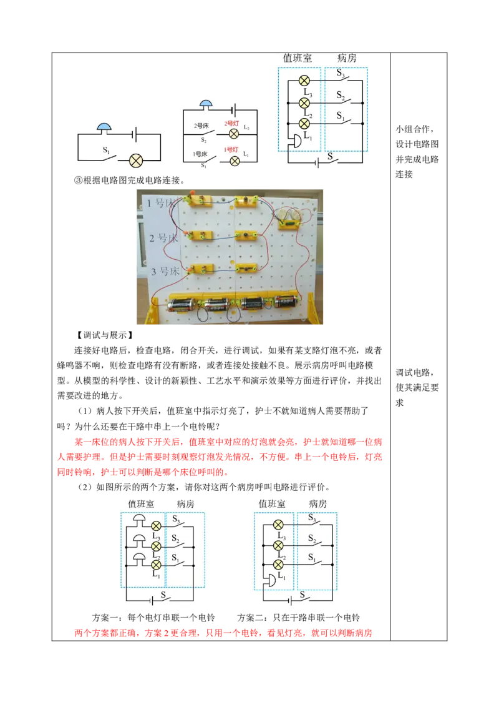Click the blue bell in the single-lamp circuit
(105, 127)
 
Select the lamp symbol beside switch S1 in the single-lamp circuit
(136, 161)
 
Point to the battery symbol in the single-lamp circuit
(133, 134)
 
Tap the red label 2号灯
(232, 124)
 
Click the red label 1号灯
(232, 150)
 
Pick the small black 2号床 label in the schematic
(201, 126)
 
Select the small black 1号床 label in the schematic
(200, 153)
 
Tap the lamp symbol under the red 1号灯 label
(235, 161)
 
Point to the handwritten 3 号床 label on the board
(163, 271)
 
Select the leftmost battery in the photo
(180, 304)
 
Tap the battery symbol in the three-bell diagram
(151, 600)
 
